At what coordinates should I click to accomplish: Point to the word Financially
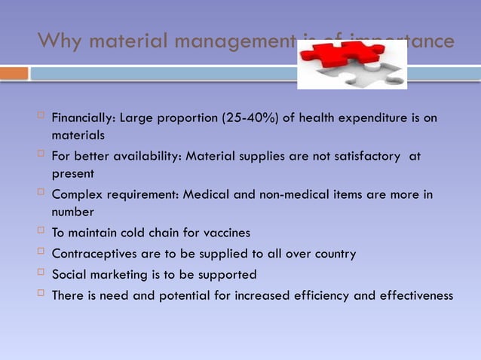coord(81,119)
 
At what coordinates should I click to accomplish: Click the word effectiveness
coord(409,295)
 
